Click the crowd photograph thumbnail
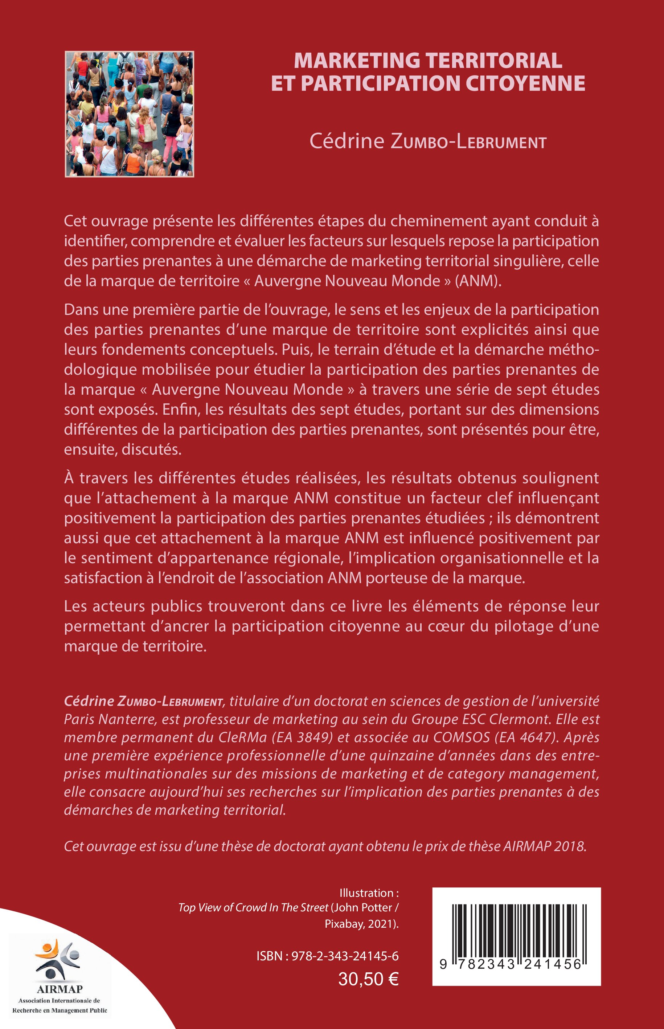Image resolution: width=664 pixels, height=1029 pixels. pos(129,114)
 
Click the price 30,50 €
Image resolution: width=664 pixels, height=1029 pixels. pos(368,979)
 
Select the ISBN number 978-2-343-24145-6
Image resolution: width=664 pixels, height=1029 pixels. pos(345,956)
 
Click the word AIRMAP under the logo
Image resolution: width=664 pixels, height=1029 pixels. pos(60,989)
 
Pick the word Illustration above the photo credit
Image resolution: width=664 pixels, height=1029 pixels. pos(366,893)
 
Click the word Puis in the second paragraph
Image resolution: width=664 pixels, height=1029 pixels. pos(296,349)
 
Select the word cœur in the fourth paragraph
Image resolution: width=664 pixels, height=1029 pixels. pos(443,626)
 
